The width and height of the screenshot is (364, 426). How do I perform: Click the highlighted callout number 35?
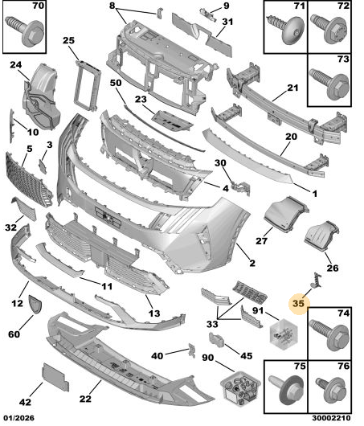(298, 303)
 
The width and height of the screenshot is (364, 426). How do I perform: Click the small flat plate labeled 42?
(55, 377)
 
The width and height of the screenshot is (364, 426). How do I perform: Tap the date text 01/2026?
(18, 418)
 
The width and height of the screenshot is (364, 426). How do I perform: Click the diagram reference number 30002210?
(331, 418)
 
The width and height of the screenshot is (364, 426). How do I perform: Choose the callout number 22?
(85, 399)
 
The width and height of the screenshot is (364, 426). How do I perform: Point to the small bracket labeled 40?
(192, 350)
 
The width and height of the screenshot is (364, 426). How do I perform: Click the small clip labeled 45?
(216, 340)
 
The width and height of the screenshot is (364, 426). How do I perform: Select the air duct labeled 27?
(286, 215)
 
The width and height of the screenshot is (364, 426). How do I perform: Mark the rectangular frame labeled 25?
(88, 85)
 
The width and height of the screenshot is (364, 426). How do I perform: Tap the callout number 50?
(116, 83)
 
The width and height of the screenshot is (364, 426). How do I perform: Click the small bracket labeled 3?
(43, 166)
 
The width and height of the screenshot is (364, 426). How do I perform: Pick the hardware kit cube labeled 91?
(284, 334)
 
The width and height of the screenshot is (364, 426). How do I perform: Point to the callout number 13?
(154, 313)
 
